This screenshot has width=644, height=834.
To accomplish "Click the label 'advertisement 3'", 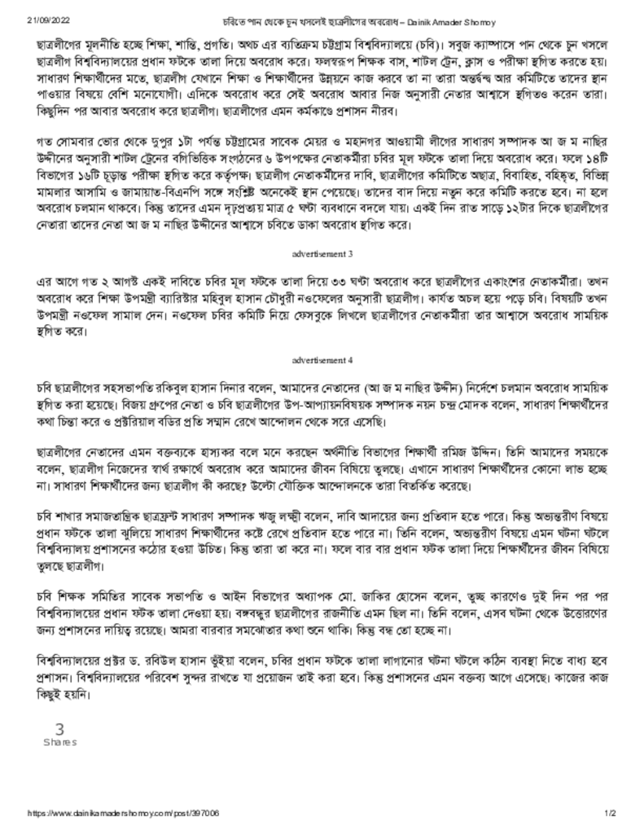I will click(322, 254).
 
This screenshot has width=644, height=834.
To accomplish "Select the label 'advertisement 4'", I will click(322, 358).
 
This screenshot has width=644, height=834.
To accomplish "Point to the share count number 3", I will click(59, 730).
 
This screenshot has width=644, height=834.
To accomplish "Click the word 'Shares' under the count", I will click(59, 742).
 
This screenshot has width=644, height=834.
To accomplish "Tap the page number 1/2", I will click(610, 813).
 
